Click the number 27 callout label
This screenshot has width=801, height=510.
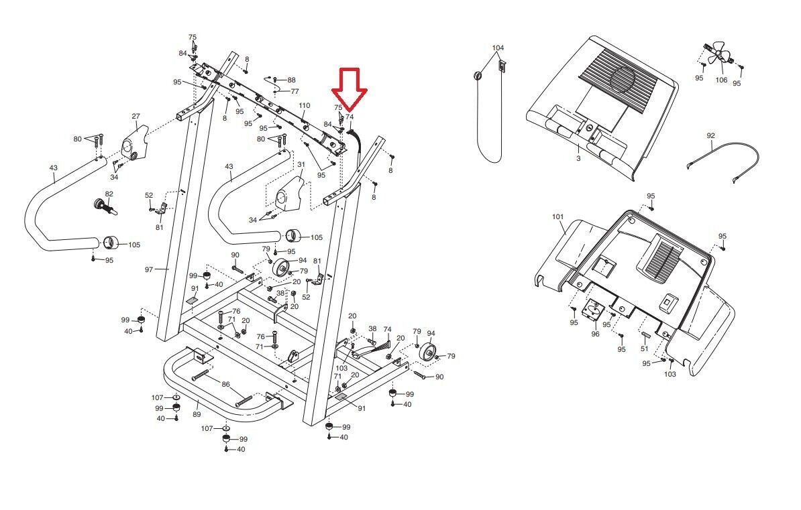136,117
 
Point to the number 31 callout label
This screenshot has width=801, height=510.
301,164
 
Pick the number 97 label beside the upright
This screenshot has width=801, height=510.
149,269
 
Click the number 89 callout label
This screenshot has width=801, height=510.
197,415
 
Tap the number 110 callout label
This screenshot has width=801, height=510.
305,106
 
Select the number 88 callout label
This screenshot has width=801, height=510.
291,80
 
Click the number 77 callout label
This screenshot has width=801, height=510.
295,91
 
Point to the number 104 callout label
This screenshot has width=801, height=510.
498,48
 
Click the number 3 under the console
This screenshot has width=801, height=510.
578,159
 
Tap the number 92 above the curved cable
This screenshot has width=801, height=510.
710,136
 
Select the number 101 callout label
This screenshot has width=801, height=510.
558,217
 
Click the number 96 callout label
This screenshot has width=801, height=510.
595,334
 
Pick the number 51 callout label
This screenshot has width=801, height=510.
644,348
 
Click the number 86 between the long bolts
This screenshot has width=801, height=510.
226,385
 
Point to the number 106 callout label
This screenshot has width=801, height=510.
720,80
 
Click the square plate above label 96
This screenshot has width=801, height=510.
594,312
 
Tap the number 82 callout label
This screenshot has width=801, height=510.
109,194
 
